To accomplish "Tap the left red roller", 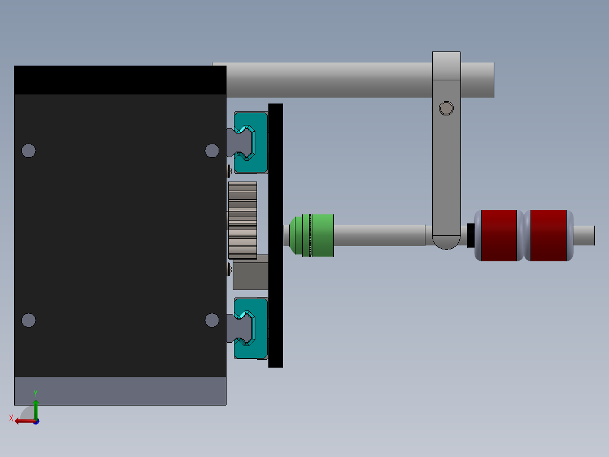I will coord(499,235).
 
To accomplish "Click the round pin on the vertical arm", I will coord(446,108).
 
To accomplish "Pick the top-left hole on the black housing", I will coord(28,150).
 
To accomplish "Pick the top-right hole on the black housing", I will coord(212,150).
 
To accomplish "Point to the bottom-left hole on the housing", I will coord(28,320).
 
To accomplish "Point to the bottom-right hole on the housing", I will coord(212,320).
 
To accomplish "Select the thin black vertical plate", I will coord(276,235).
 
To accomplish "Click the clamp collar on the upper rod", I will coord(446,66).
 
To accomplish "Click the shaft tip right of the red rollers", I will coord(588,235).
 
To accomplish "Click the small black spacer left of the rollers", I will coord(471,235).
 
